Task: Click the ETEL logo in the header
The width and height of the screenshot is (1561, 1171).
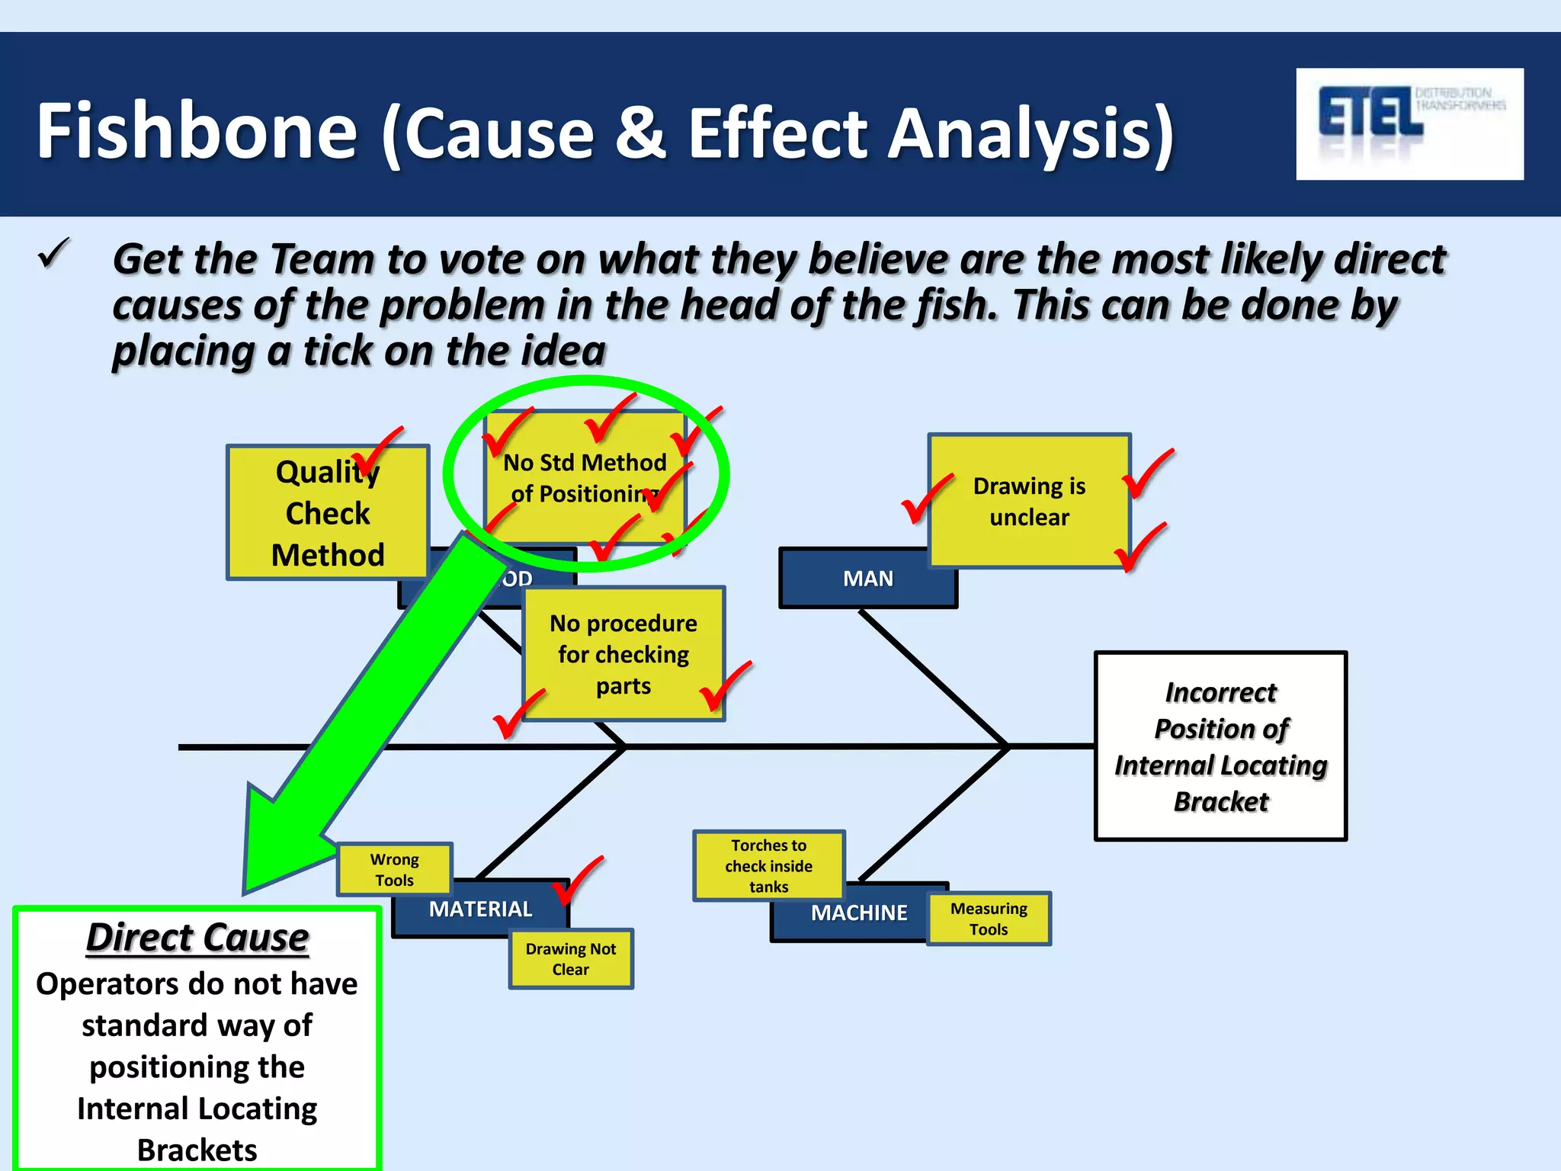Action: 1409,124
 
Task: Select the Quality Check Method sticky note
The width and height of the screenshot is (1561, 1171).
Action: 327,513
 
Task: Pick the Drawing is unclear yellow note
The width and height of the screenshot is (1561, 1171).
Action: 1028,501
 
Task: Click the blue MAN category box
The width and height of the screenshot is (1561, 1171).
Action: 867,579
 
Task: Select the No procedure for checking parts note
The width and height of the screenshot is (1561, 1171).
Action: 623,654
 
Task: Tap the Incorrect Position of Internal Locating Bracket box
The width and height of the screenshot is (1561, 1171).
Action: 1220,746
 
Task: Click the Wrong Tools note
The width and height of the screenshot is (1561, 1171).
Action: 394,869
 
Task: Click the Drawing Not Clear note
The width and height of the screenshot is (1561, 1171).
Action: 570,959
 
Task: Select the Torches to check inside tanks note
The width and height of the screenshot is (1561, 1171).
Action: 768,865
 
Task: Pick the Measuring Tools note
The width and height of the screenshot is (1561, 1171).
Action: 988,919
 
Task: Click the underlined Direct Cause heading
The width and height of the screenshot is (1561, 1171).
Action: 197,937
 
